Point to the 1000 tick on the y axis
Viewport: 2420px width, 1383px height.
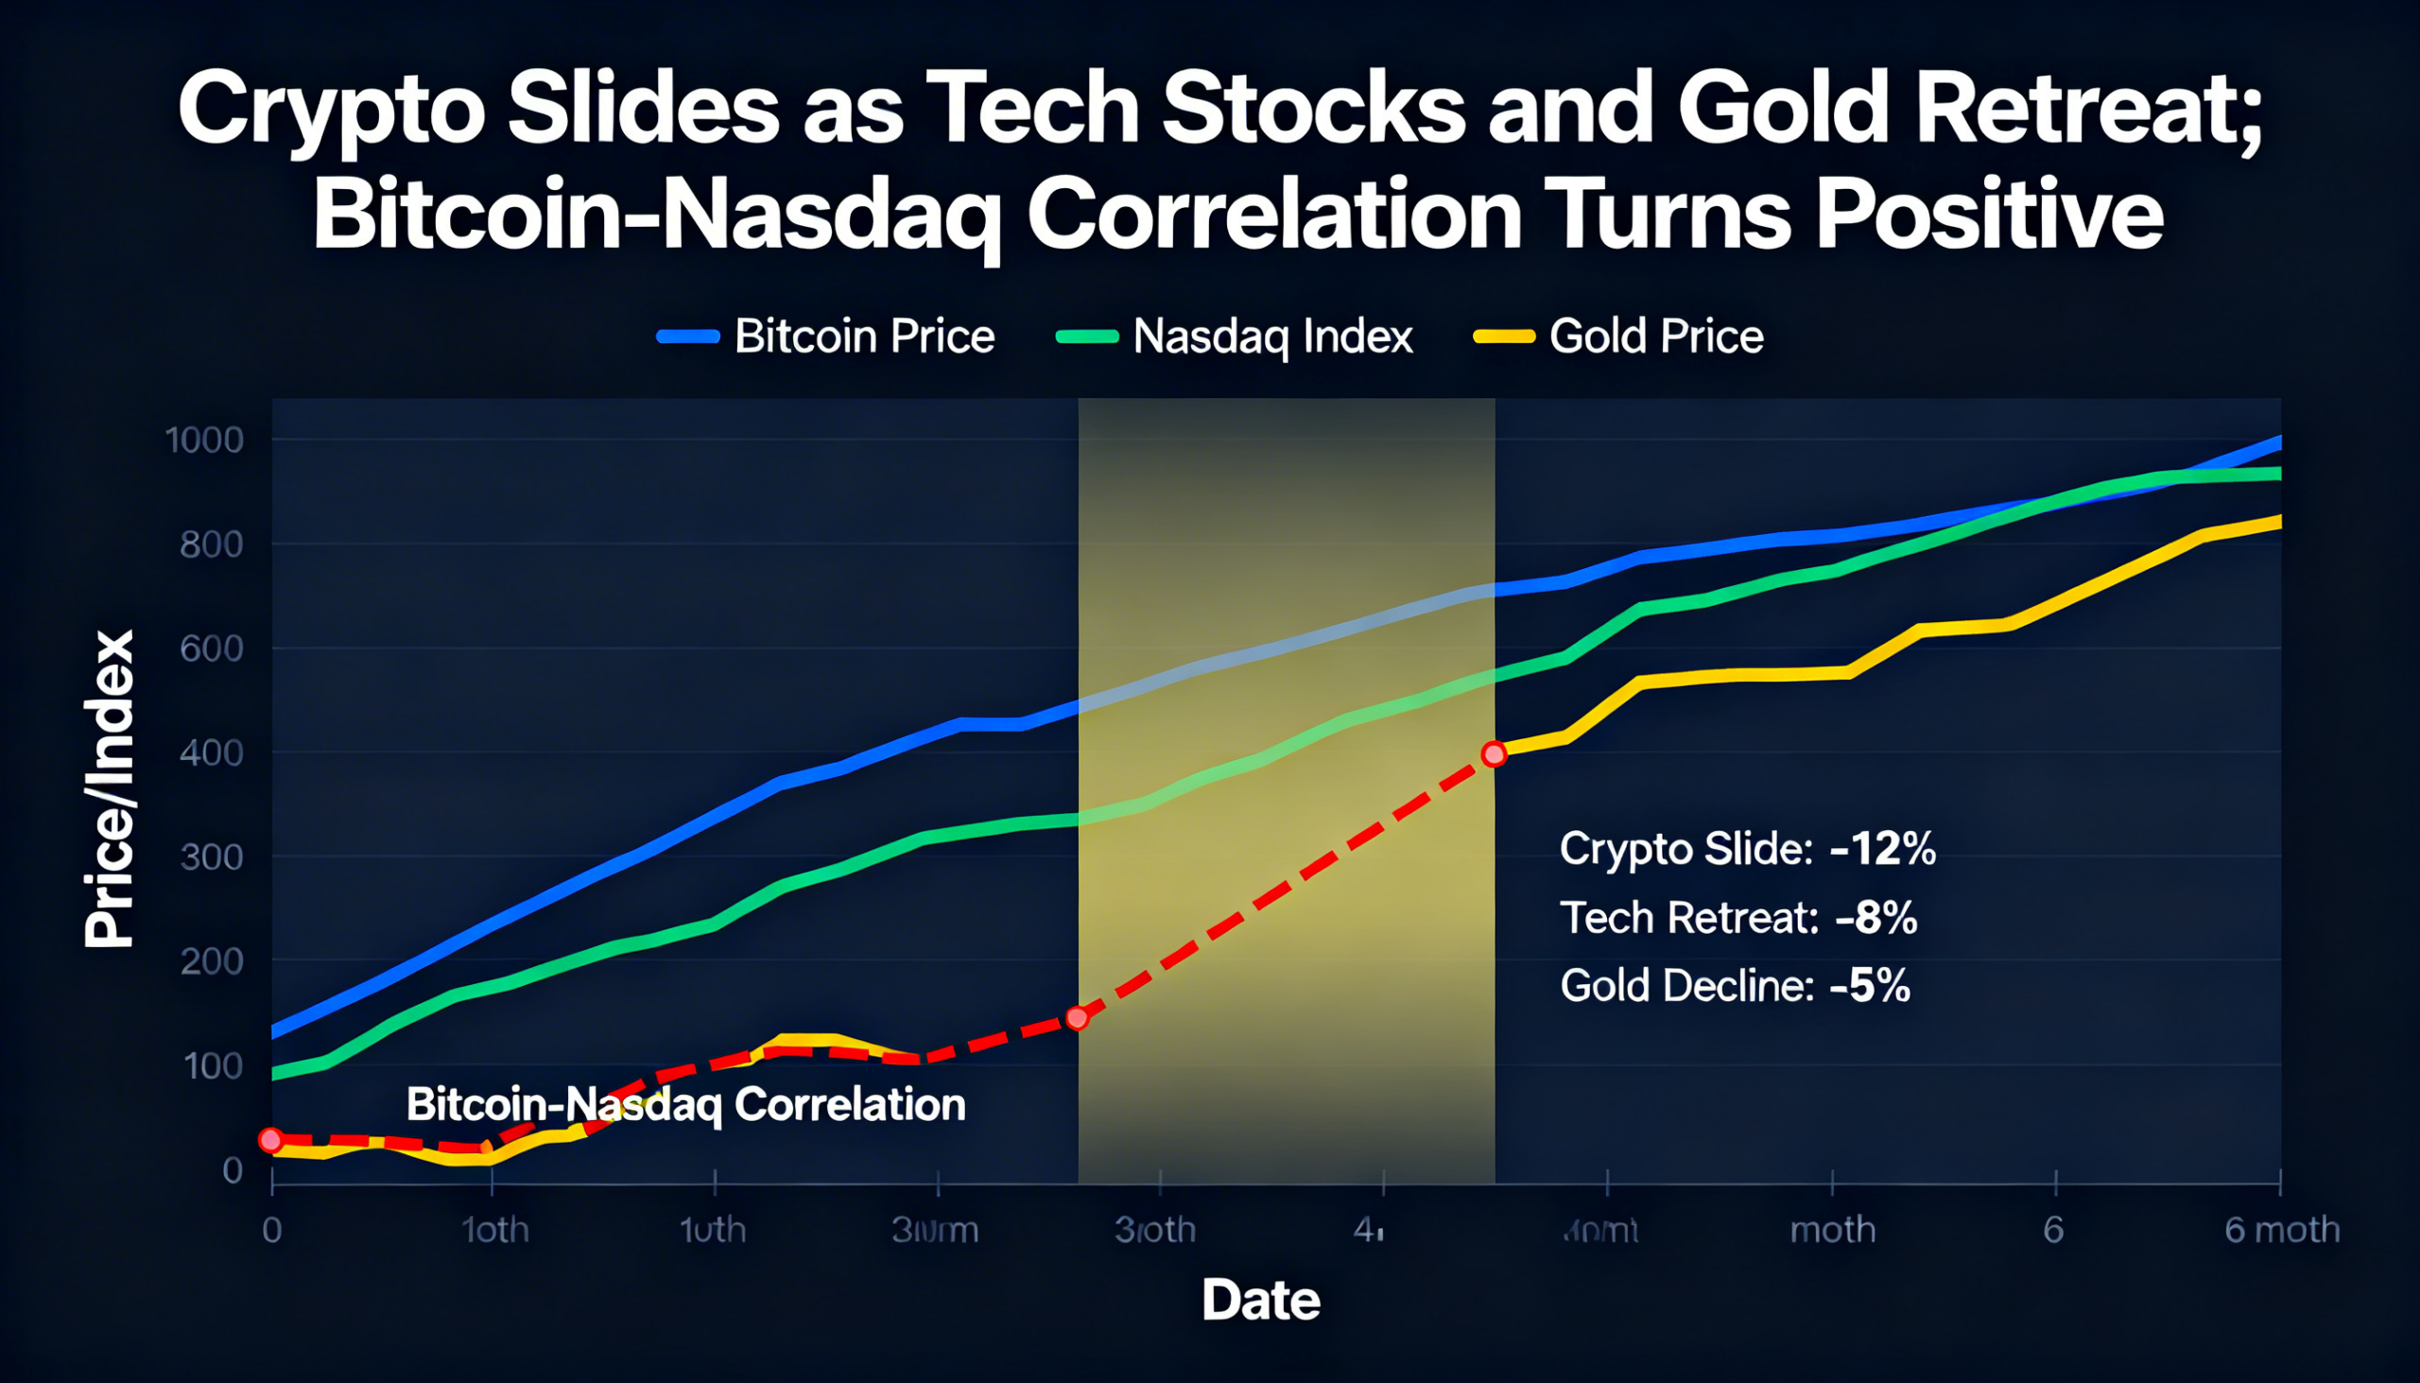coord(204,440)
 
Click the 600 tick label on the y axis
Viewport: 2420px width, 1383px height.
coord(211,648)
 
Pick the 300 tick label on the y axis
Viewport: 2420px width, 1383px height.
coord(211,856)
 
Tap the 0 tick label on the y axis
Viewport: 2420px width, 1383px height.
coord(233,1170)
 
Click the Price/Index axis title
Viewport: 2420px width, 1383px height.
coord(110,789)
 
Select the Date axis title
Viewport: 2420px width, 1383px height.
coord(1260,1300)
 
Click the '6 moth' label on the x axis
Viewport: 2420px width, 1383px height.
coord(2281,1230)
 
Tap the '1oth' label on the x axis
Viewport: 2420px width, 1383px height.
coord(494,1230)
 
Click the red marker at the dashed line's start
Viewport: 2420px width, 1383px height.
coord(270,1140)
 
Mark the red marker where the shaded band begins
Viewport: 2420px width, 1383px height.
coord(1077,1018)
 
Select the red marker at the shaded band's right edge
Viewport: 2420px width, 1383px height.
coord(1494,754)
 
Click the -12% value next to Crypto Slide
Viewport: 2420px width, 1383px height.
coord(1881,848)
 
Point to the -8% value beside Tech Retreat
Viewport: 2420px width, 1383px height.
coord(1875,918)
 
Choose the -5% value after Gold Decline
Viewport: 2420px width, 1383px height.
coord(1869,986)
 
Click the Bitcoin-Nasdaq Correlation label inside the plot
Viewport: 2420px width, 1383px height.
coord(685,1105)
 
